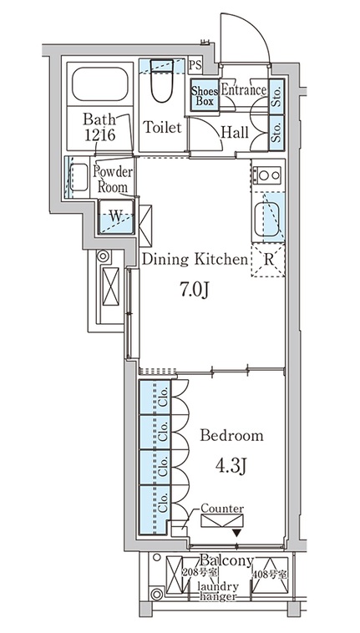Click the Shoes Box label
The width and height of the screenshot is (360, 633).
tap(205, 96)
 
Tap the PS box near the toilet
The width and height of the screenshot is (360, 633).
tap(195, 66)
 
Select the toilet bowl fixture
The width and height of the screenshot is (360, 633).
tap(162, 81)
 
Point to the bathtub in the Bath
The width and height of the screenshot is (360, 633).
tap(100, 84)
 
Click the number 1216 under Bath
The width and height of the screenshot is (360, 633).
tap(99, 134)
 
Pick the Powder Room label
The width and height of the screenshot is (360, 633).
tap(112, 179)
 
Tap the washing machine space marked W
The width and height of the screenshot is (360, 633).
tap(116, 217)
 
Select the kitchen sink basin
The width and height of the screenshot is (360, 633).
tap(266, 220)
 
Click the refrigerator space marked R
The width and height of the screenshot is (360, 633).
tap(268, 260)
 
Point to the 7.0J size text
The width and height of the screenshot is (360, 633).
tap(195, 290)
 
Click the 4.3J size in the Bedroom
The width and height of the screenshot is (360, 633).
tap(231, 466)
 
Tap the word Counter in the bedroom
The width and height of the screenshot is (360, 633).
tap(222, 509)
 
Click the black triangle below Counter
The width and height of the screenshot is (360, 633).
tap(237, 533)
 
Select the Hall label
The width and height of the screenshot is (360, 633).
tap(235, 133)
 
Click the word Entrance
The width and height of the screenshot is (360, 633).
tap(244, 90)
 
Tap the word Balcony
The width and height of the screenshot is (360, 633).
tap(227, 560)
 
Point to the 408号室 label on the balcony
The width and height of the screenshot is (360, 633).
tap(270, 574)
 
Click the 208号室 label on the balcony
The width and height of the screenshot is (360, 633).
tap(200, 572)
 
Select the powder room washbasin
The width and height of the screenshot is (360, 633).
tap(79, 177)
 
